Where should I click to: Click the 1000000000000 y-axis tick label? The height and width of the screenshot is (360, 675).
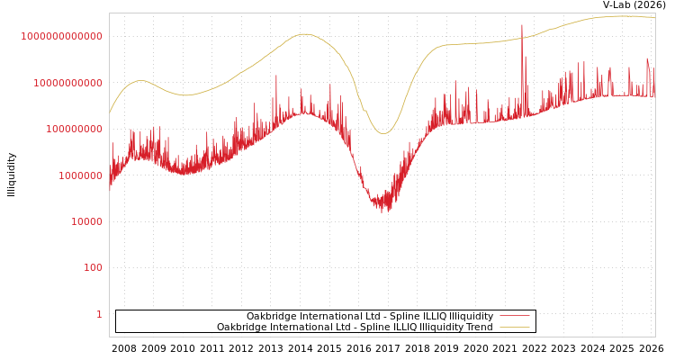click(61, 36)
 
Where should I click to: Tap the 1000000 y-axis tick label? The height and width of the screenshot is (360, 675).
click(77, 175)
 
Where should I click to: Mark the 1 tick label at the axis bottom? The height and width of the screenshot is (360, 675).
click(99, 314)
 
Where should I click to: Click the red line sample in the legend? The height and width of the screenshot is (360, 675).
click(514, 316)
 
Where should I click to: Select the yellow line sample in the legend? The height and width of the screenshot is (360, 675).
click(514, 327)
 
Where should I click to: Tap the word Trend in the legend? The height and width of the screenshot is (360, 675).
click(479, 327)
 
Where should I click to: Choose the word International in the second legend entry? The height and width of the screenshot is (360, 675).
click(298, 327)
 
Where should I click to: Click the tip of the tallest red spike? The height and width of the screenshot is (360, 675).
click(522, 24)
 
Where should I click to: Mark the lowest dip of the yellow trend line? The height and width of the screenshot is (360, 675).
click(384, 134)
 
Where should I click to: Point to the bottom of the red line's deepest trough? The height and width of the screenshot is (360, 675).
click(382, 211)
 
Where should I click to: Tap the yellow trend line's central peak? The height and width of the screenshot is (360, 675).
click(304, 34)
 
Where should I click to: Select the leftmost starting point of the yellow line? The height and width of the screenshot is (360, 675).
click(110, 113)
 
